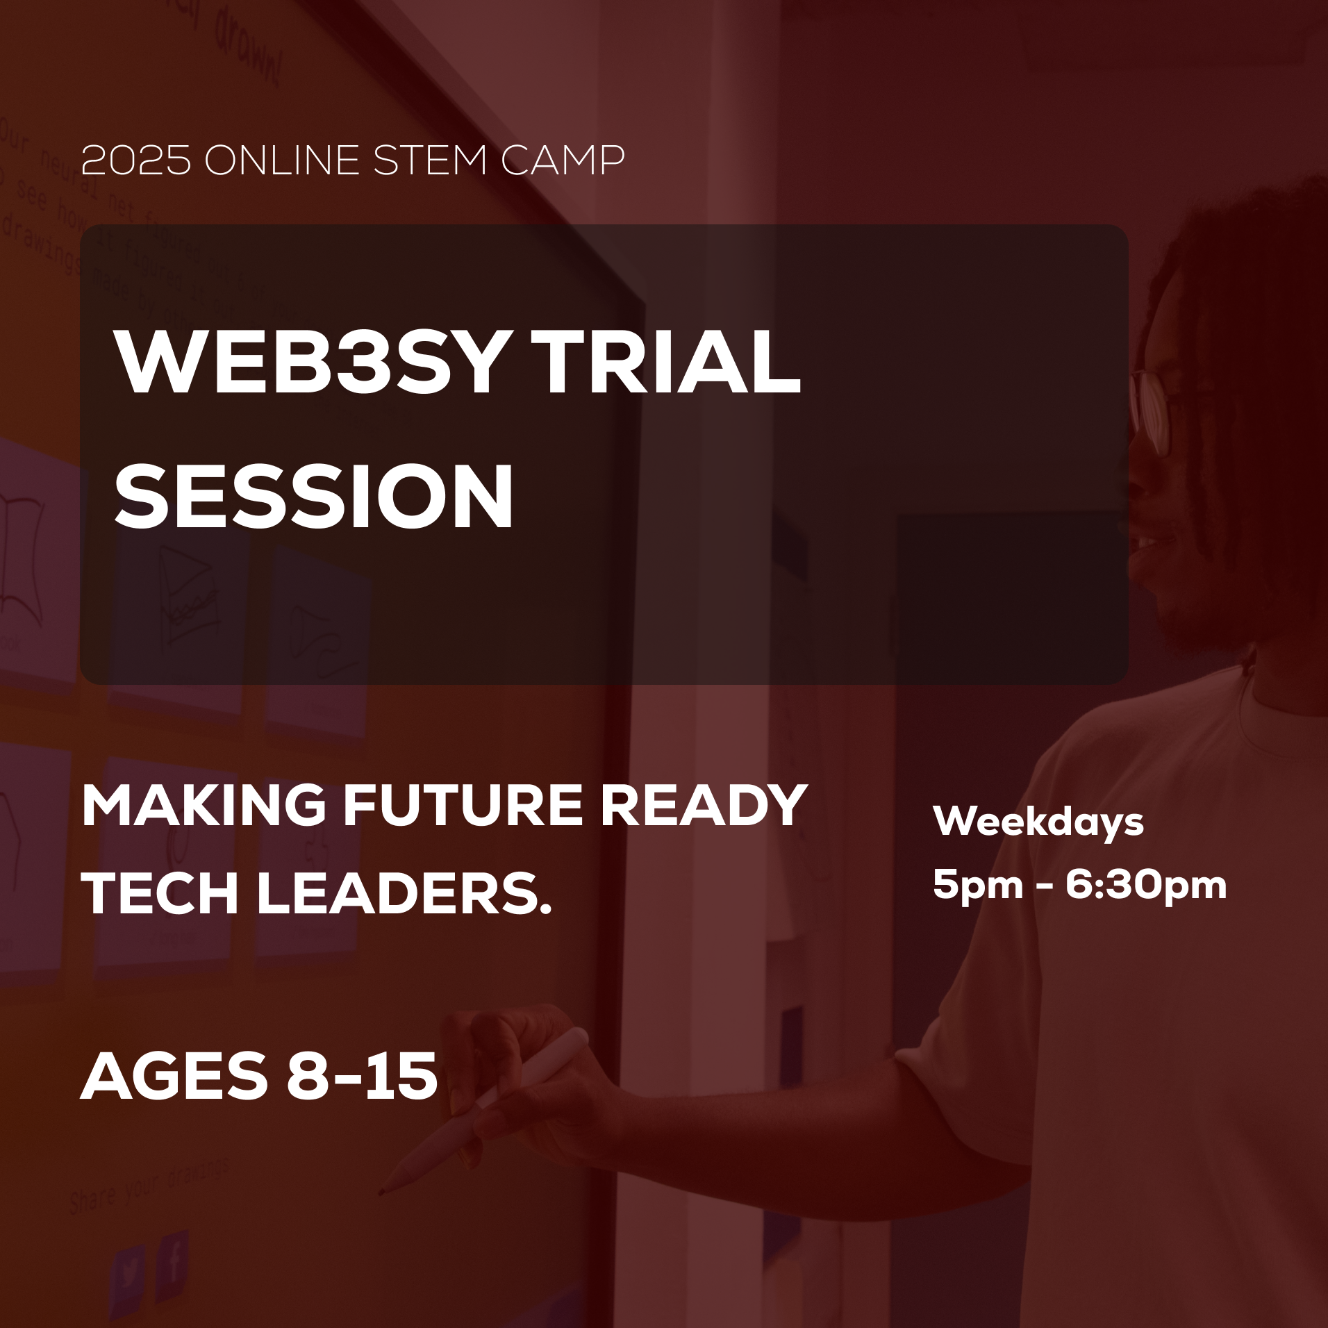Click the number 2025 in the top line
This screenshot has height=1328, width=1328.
coord(135,160)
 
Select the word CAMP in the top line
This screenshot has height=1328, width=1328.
coord(563,160)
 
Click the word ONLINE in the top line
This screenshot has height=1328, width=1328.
coord(282,160)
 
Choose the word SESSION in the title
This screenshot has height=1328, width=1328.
coord(314,496)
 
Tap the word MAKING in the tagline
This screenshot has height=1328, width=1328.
coord(204,806)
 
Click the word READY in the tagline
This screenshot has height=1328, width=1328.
coord(703,806)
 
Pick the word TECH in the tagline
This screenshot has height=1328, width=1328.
coord(160,893)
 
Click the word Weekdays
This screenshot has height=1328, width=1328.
coord(1038,822)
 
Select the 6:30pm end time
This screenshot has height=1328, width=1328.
coord(1146,885)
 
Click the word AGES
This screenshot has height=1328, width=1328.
coord(174,1077)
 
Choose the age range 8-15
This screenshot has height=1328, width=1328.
coord(362,1077)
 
